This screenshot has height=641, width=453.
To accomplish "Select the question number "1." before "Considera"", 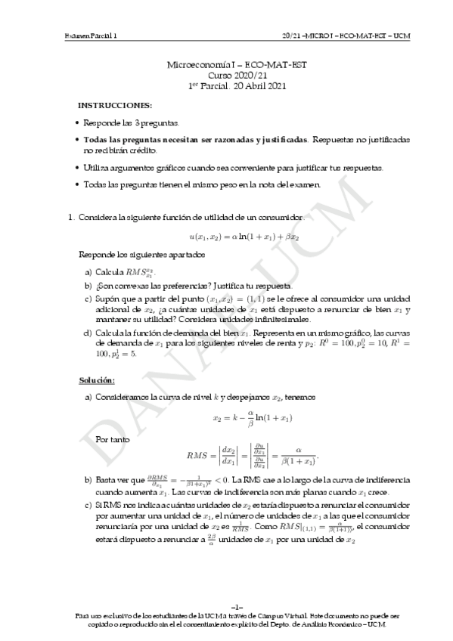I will [72, 218].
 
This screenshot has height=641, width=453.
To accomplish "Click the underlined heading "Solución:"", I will [97, 379].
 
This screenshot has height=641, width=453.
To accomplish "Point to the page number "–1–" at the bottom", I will [226, 607].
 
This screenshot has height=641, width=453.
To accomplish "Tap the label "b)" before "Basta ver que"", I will [88, 481].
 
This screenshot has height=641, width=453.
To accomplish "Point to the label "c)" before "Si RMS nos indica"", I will [88, 504].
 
